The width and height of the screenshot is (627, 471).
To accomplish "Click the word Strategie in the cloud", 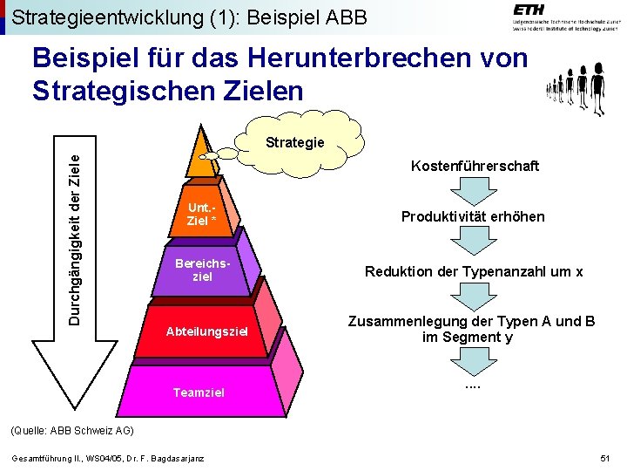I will coord(294,142).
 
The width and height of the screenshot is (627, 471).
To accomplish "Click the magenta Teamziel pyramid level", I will coord(199,392).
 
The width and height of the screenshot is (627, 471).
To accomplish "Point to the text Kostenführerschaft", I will coord(475,166).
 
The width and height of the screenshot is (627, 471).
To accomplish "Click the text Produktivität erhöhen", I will coord(473,216).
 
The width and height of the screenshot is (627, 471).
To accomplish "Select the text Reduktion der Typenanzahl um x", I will coord(473,271).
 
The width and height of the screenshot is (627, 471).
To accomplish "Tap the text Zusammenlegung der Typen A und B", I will coord(472,321).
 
